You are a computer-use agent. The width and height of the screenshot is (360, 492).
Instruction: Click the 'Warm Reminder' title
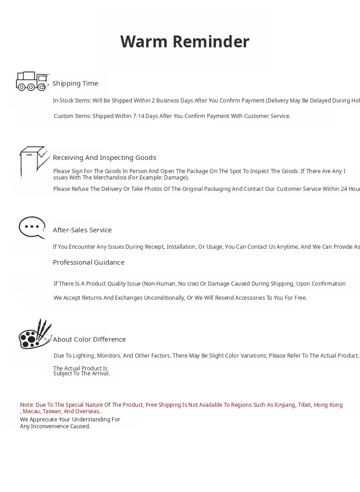(x=185, y=42)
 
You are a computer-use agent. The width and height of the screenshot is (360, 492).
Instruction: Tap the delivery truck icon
(x=31, y=81)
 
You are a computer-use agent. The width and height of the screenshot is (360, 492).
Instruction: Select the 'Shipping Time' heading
(x=75, y=83)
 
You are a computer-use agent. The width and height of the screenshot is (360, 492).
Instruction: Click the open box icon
(x=34, y=162)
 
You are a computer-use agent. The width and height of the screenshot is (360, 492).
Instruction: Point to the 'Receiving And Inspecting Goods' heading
(x=104, y=158)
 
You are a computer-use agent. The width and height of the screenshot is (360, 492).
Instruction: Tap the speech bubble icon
(x=32, y=227)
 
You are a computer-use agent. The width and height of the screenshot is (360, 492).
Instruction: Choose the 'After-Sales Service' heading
(x=82, y=230)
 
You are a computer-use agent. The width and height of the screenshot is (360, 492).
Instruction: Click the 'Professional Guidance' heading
(x=88, y=262)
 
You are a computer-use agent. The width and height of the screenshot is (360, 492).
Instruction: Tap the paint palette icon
(x=35, y=335)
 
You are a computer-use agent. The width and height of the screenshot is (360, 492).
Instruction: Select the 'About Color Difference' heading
(x=89, y=339)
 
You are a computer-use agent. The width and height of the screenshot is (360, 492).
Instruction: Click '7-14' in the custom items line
(x=139, y=116)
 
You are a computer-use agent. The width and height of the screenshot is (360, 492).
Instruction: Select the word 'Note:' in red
(x=27, y=405)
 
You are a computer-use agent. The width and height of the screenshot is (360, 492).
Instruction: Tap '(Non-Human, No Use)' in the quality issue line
(x=170, y=284)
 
